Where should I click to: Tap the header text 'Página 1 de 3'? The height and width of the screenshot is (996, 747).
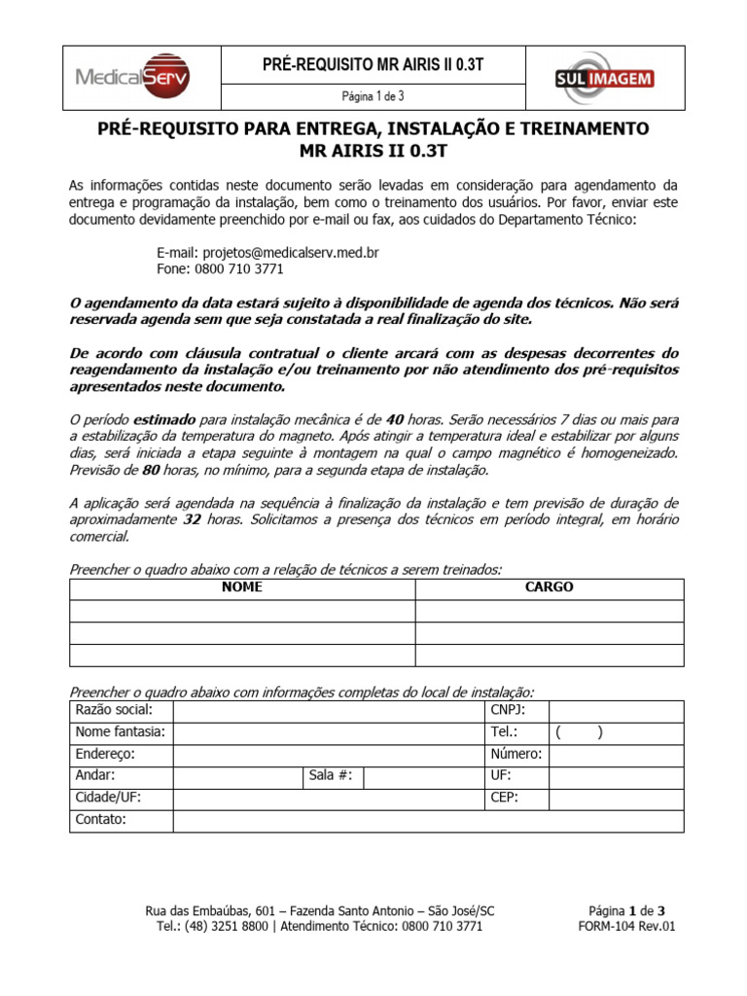[x=373, y=96]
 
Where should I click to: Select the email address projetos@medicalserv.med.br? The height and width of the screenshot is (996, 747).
[x=267, y=252]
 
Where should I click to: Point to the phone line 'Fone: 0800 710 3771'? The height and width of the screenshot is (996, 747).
[x=220, y=269]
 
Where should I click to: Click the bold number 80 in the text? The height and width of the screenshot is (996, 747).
[x=151, y=470]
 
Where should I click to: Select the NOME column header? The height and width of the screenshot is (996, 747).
[x=242, y=587]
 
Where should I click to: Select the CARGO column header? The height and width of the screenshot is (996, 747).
[x=550, y=587]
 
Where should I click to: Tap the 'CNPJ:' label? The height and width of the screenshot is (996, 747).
[x=506, y=711]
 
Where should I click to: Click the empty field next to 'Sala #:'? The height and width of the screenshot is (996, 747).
[x=425, y=776]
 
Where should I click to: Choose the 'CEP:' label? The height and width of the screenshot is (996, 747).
[x=505, y=798]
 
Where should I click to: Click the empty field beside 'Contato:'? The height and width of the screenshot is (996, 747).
[x=428, y=820]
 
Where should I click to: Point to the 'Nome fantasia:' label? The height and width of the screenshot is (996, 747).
[x=120, y=732]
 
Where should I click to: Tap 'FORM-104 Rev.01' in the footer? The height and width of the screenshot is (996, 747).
[x=625, y=926]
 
